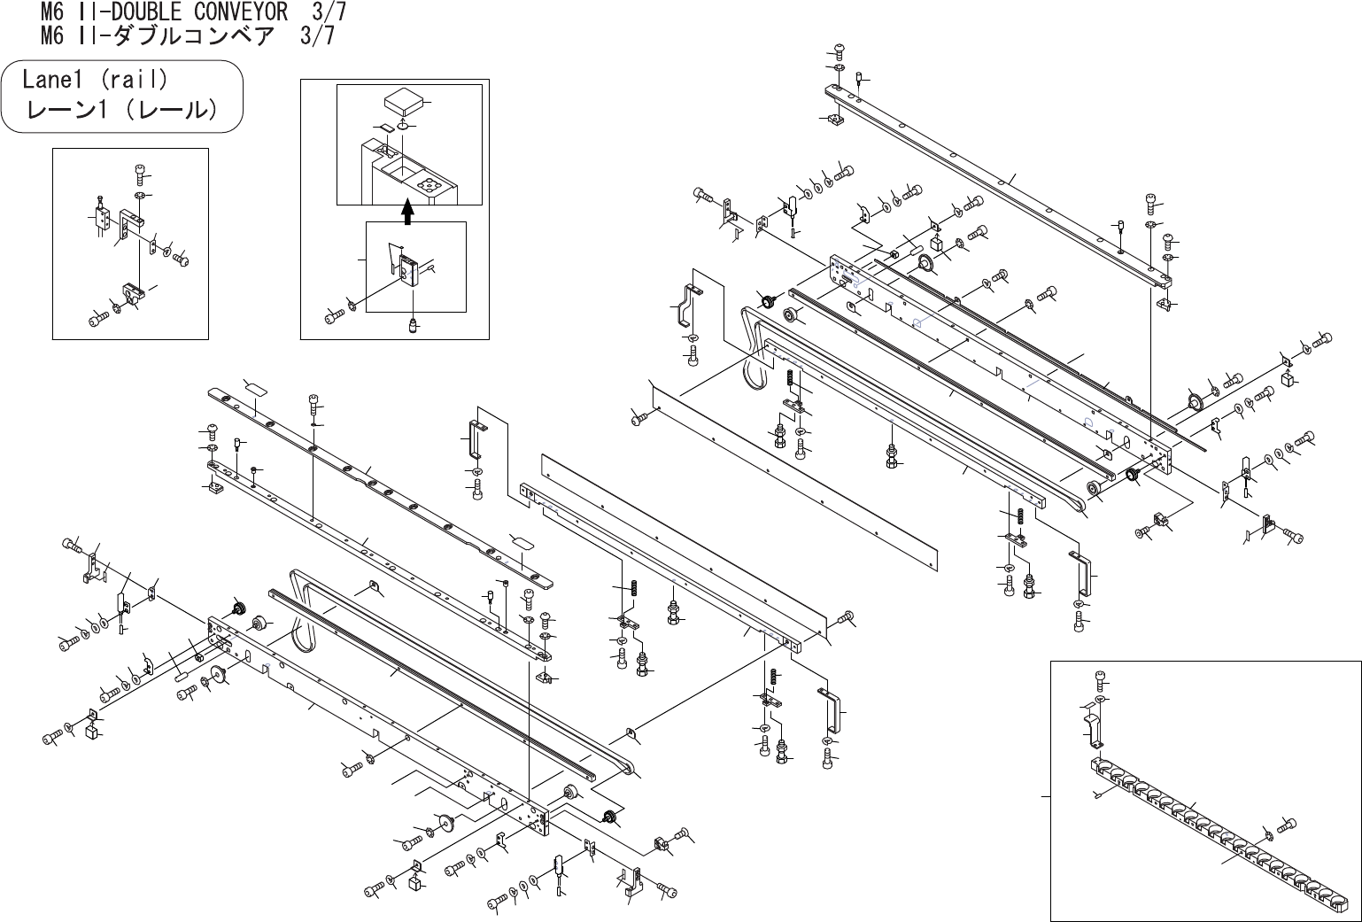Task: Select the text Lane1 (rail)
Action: [95, 80]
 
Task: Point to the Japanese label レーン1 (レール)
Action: [122, 110]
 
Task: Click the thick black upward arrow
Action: [406, 211]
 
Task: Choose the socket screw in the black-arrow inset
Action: [334, 315]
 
